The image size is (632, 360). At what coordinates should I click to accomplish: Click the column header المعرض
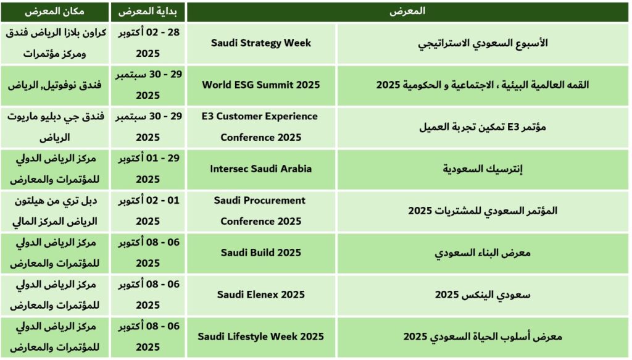pos(407,11)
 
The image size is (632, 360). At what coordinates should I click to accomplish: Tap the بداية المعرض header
pos(148,11)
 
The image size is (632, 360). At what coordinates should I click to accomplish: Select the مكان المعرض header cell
pos(54,11)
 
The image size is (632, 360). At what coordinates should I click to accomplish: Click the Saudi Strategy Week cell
pos(261,43)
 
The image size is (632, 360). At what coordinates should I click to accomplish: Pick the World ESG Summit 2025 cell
pos(261,85)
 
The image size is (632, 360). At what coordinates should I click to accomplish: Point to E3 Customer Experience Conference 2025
pos(260,127)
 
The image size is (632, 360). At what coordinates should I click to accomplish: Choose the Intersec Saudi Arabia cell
pos(261,169)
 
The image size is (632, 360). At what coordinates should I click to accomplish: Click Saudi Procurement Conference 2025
pos(260,211)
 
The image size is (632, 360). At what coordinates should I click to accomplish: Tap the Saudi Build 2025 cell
pos(261,253)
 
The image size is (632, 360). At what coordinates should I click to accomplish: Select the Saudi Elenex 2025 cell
pos(261,295)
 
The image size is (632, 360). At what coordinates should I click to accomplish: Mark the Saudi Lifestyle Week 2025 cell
pos(261,337)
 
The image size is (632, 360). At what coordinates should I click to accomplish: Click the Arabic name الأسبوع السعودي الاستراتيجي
pos(483,43)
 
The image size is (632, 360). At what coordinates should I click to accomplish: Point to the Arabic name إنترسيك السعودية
pos(483,169)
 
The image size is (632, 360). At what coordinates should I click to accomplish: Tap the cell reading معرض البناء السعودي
pos(483,253)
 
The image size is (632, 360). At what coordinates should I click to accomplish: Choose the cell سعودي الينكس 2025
pos(483,295)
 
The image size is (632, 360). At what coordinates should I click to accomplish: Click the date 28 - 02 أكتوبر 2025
pos(148,43)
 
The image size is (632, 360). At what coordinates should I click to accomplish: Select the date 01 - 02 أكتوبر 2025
pos(148,211)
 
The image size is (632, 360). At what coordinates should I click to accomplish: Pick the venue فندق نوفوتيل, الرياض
pos(54,85)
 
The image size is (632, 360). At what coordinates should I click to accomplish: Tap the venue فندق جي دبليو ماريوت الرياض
pos(55,127)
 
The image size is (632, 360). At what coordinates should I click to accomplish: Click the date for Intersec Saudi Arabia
pos(148,169)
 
